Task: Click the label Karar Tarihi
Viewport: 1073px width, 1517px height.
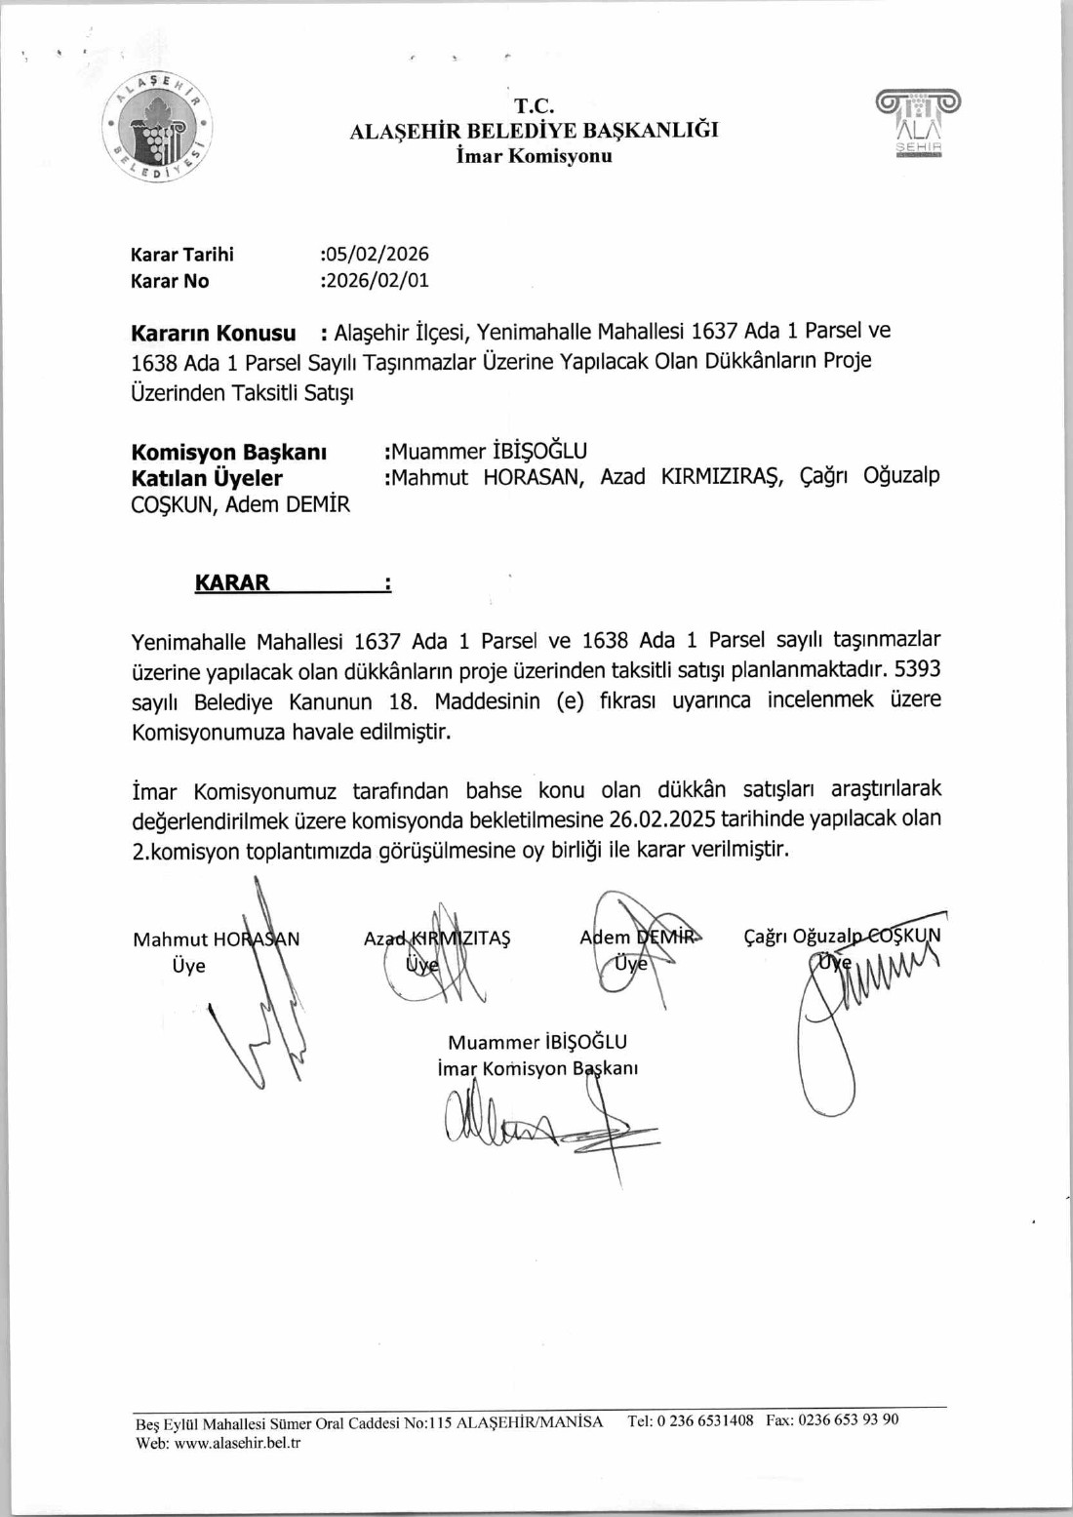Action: [182, 255]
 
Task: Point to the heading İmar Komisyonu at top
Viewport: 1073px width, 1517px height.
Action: [535, 156]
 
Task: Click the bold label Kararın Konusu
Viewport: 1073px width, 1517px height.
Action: [213, 333]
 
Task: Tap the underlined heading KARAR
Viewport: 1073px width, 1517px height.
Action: [232, 582]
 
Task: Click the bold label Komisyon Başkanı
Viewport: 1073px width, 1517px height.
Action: [229, 452]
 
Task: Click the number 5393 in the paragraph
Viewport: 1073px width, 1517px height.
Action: [917, 670]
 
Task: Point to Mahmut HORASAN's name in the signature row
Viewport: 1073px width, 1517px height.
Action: [217, 938]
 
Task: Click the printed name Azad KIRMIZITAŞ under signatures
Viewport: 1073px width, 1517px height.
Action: [437, 938]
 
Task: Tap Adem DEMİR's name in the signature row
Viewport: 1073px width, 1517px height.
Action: [639, 937]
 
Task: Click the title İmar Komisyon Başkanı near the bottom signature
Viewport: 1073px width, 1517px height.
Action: [537, 1068]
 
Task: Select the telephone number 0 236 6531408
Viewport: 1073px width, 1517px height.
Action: [705, 1420]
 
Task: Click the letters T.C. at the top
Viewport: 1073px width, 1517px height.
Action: [535, 106]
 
